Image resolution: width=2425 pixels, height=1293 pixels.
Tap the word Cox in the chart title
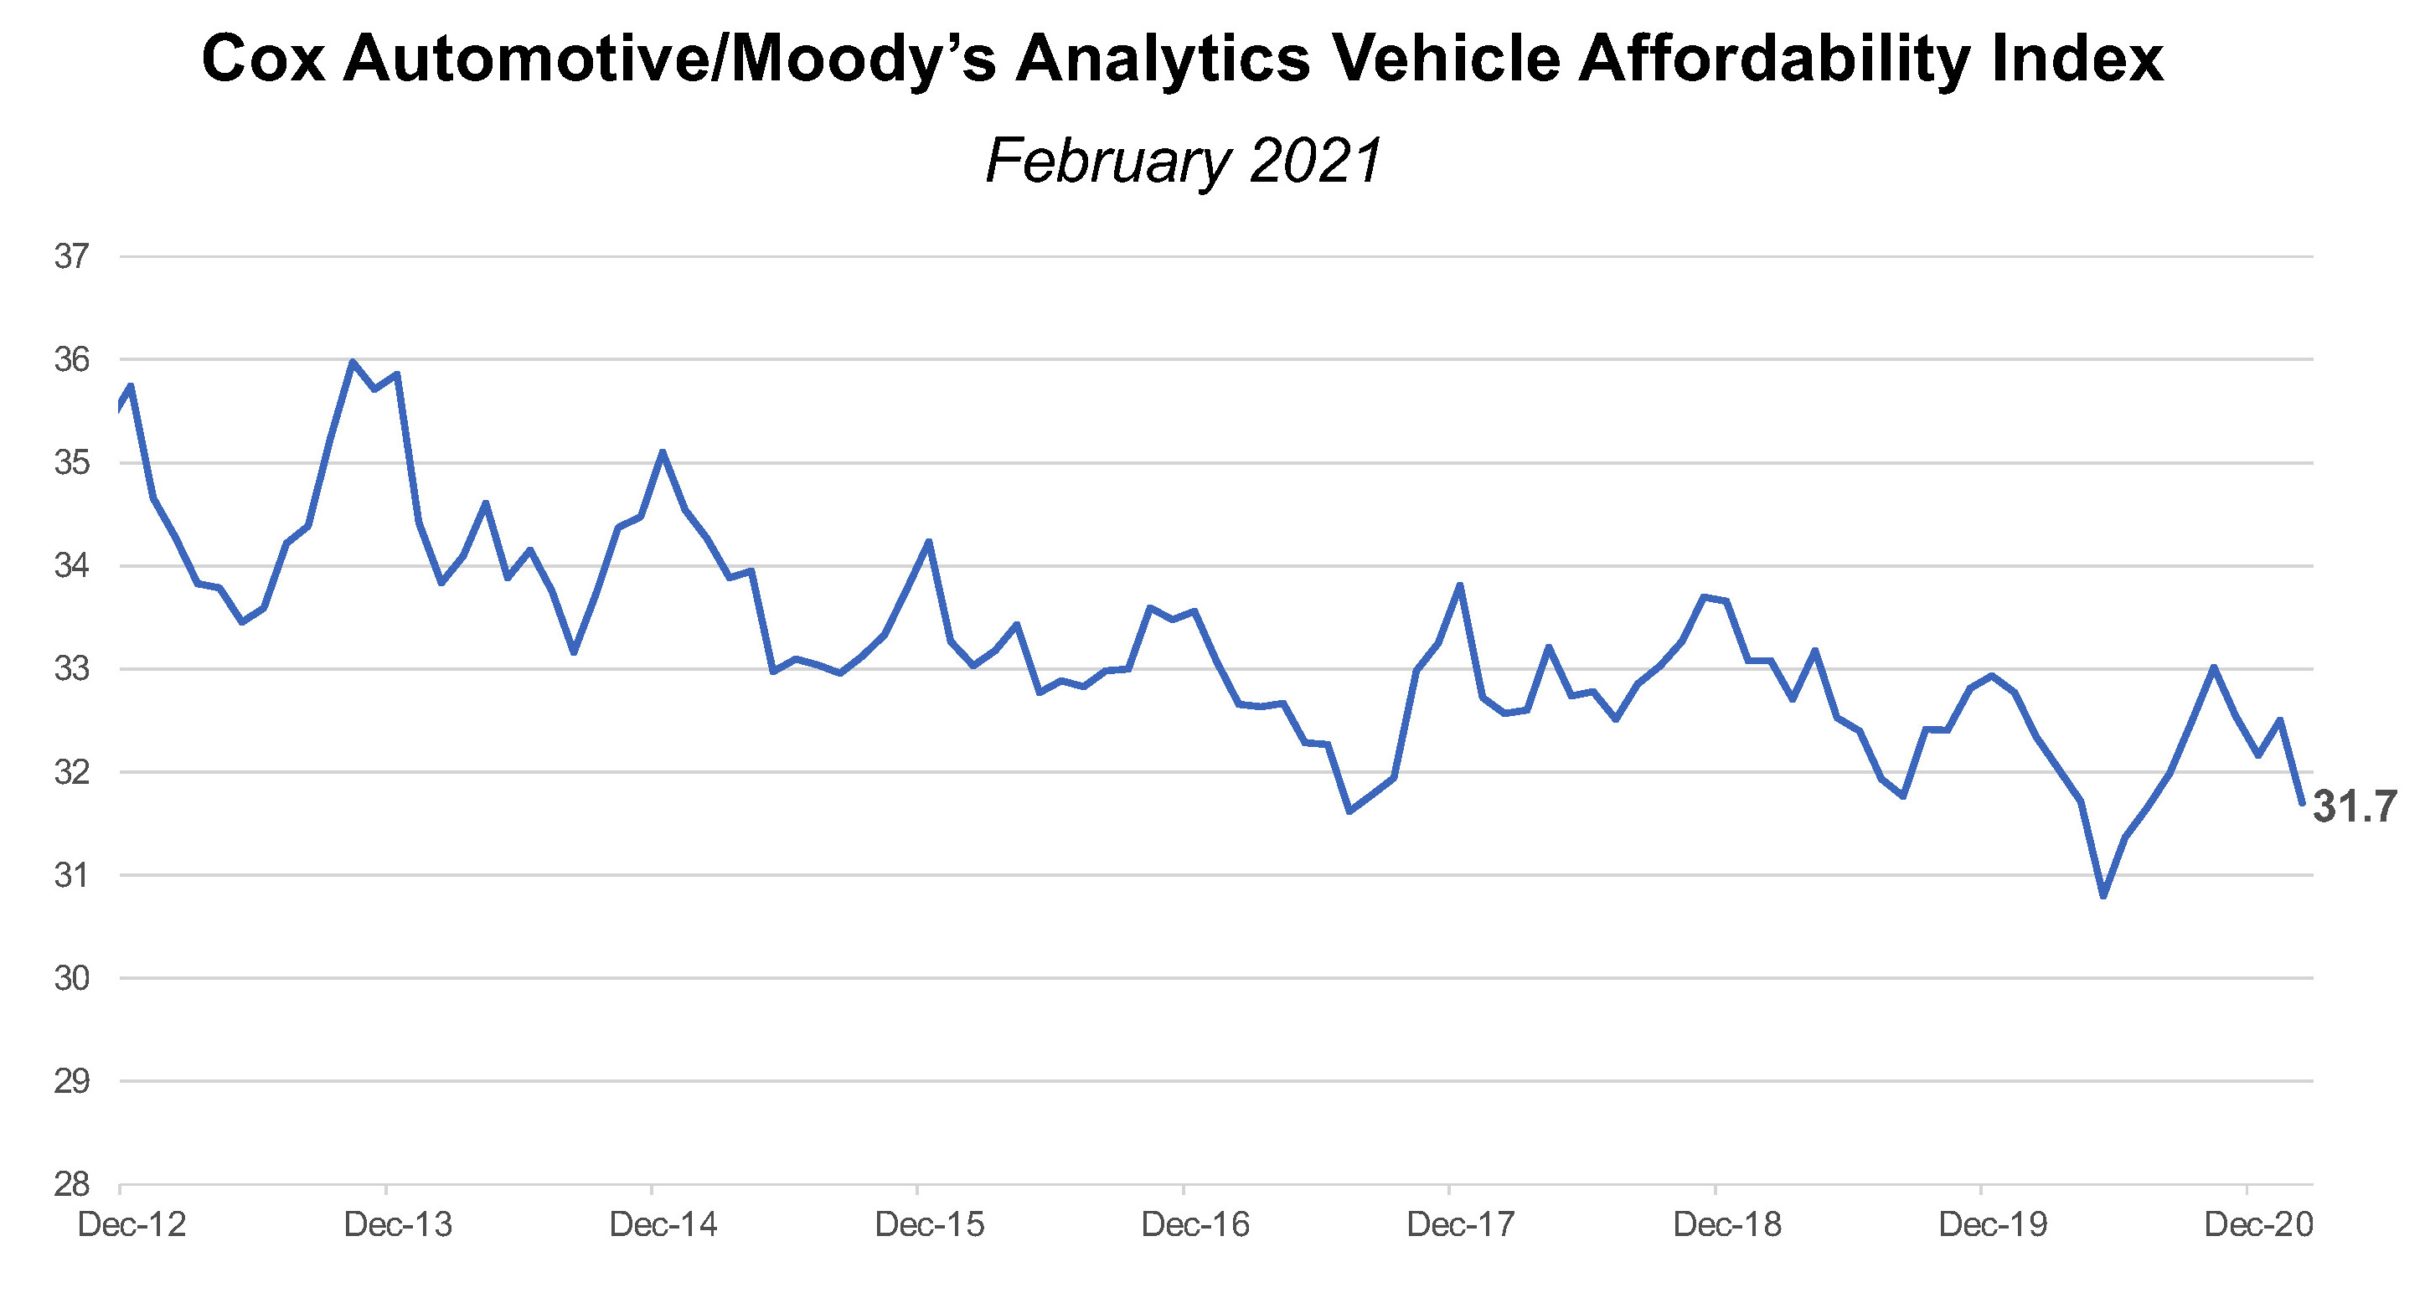point(263,59)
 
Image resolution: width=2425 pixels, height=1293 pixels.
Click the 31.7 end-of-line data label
point(2355,806)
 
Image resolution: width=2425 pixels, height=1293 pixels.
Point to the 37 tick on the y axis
point(71,256)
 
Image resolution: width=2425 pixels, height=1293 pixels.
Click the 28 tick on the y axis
point(71,1184)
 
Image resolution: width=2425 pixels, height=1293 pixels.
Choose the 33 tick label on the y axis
point(71,669)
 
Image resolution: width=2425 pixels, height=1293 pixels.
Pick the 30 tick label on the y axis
point(71,978)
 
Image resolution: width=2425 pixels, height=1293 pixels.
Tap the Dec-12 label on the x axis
point(132,1224)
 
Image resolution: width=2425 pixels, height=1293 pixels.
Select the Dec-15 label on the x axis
point(929,1224)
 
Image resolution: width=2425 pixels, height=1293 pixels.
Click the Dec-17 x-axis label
point(1461,1224)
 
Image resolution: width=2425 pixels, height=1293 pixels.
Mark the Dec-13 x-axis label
point(398,1224)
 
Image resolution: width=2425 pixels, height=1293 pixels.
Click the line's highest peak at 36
point(352,362)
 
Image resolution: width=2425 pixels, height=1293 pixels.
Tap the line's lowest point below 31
point(2103,896)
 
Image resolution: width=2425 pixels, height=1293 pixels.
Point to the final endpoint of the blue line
point(2302,803)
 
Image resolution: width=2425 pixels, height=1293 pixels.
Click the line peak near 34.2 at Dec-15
point(929,542)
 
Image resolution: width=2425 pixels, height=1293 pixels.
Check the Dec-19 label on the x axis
point(1993,1224)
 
